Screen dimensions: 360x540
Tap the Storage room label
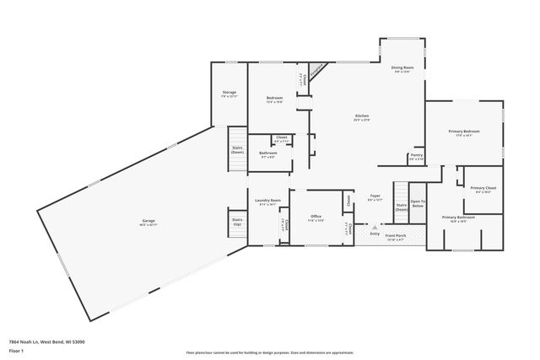point(229,92)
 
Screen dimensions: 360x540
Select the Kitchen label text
point(362,117)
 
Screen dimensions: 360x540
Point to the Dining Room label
point(402,67)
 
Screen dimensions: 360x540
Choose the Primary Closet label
point(483,188)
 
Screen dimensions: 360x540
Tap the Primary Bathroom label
point(459,218)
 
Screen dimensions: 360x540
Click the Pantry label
point(416,155)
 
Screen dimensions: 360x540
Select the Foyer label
point(374,196)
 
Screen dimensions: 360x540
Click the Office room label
point(316,217)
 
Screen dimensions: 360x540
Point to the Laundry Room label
point(267,201)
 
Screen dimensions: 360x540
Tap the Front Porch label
point(396,235)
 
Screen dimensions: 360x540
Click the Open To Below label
point(417,203)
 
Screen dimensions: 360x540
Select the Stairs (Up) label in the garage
point(237,221)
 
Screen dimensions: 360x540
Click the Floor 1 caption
point(16,350)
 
